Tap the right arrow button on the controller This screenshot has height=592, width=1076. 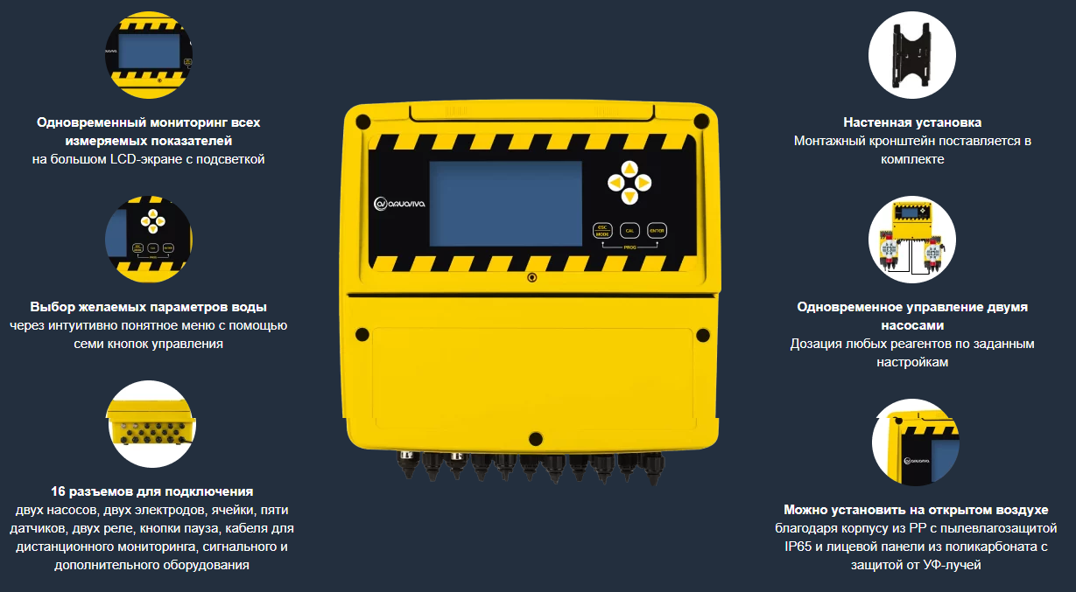pos(643,183)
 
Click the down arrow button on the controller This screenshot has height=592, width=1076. pos(629,196)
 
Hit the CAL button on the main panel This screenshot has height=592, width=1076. pos(629,231)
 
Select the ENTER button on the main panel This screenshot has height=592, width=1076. pos(657,231)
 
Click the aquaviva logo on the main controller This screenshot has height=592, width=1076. pos(399,204)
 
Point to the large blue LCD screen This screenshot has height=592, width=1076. pos(505,204)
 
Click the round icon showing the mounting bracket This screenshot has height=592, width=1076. pos(911,55)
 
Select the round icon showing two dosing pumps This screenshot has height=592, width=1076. pos(911,240)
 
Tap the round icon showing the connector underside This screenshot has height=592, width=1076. pos(151,424)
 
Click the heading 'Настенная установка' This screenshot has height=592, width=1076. pos(912,122)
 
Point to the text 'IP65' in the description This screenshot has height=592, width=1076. pos(798,547)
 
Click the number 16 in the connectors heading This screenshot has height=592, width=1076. pos(58,491)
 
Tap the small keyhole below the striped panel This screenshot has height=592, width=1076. pos(531,277)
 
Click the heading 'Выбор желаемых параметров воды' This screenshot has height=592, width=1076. pos(149,307)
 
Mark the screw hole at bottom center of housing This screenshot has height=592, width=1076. pos(536,438)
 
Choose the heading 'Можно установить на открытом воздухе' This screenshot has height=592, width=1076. pos(916,510)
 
